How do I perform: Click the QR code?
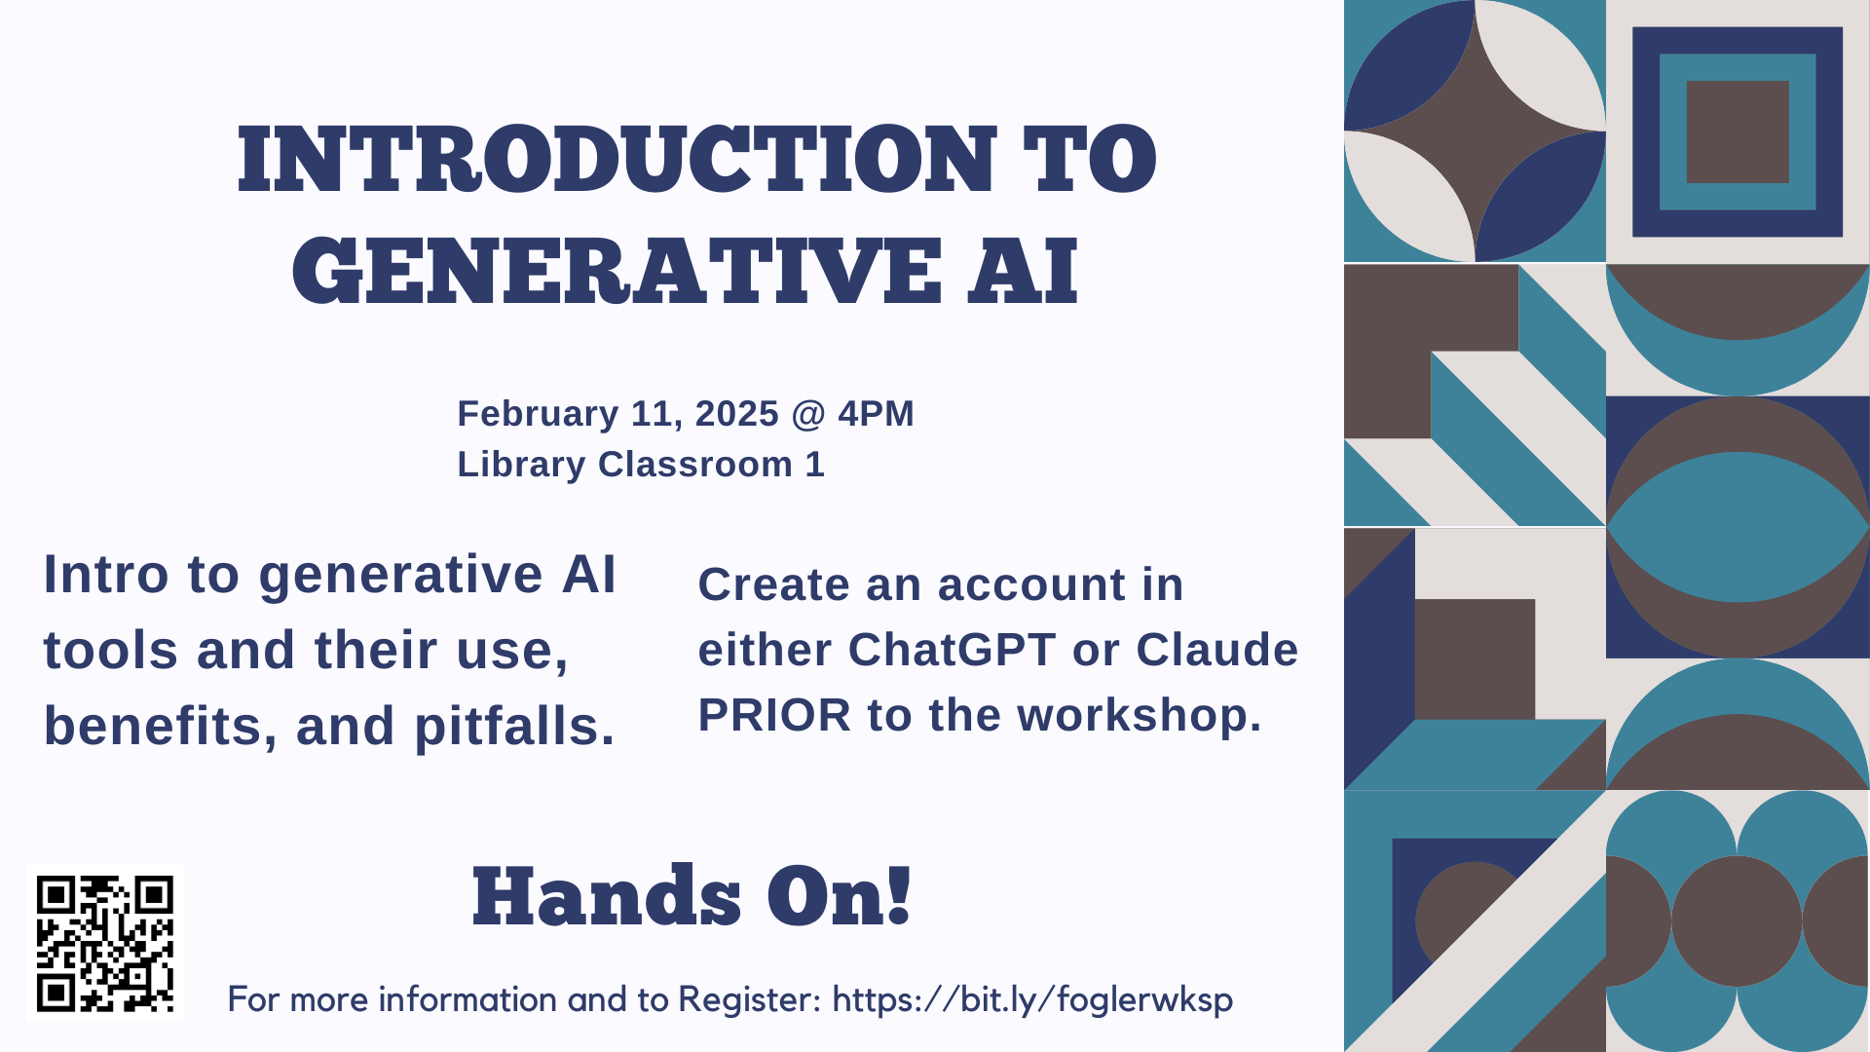click(105, 943)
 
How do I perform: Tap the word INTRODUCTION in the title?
click(617, 159)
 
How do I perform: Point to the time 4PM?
click(876, 414)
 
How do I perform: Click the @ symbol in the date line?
click(808, 415)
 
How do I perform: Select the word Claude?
click(1216, 650)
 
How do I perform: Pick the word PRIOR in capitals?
click(775, 715)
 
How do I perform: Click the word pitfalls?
click(514, 727)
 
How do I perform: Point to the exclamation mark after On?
click(900, 895)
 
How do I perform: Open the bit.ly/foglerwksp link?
click(1032, 1000)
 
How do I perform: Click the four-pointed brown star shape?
click(1475, 131)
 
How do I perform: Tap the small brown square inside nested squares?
click(1738, 131)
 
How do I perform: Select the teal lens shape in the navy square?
click(1738, 527)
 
